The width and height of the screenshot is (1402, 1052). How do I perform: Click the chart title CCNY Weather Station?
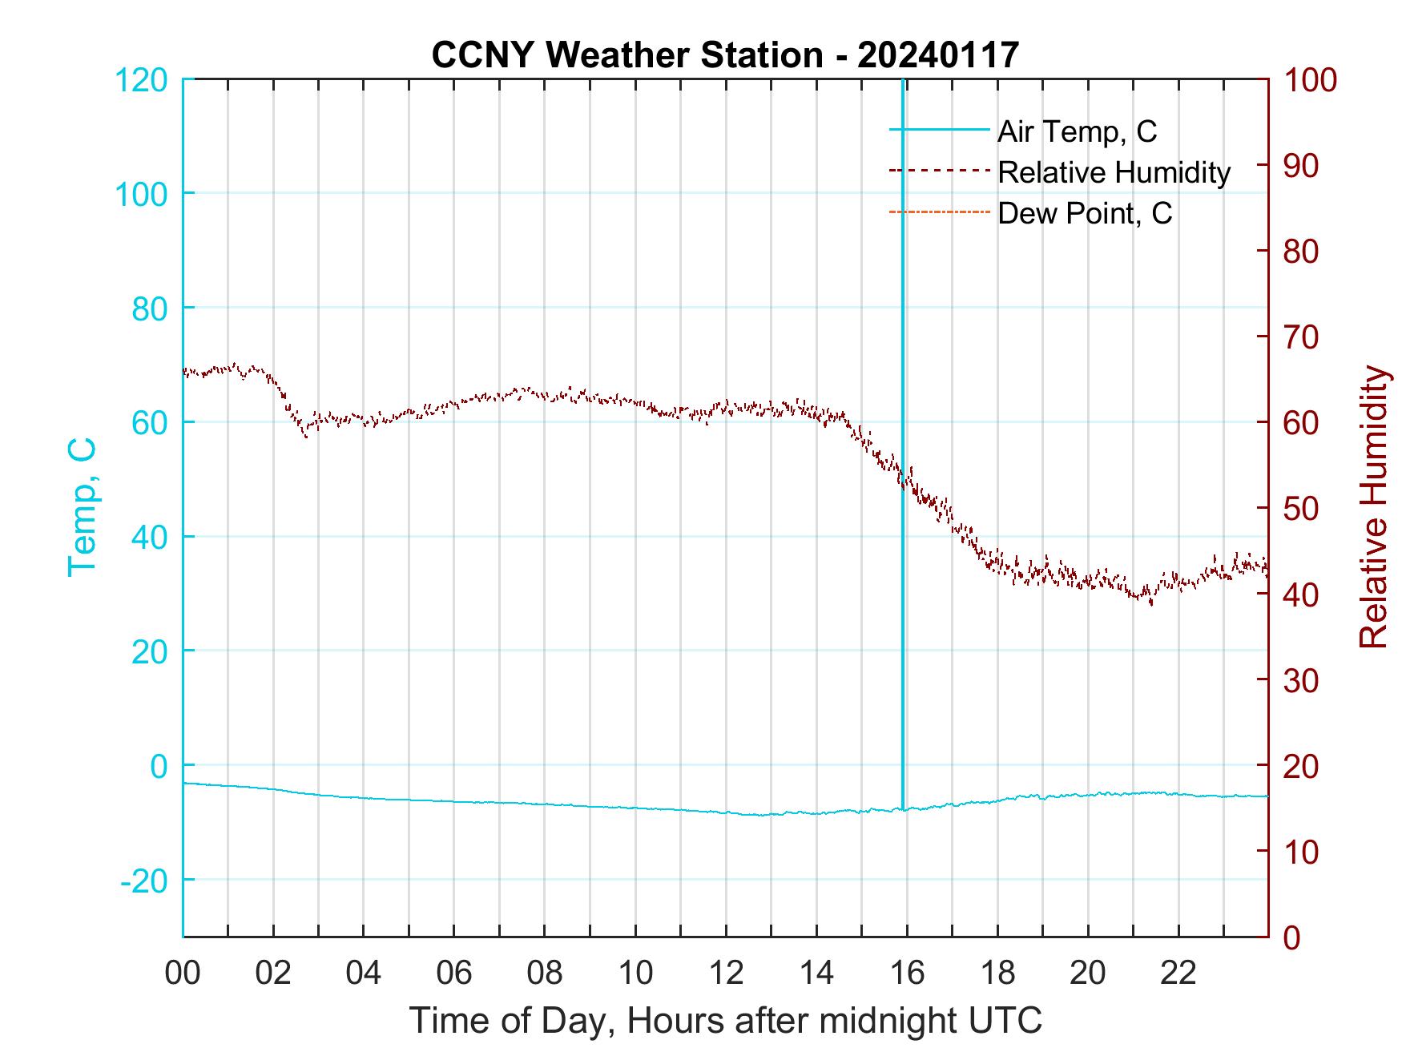(626, 55)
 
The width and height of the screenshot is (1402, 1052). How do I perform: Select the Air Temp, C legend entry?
(1076, 131)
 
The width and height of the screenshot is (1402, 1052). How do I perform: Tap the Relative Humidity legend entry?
(1114, 172)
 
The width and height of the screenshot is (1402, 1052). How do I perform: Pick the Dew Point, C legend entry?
(1084, 213)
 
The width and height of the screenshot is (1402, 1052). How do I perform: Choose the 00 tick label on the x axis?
(183, 973)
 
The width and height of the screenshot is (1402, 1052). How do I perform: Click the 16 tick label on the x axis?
(908, 973)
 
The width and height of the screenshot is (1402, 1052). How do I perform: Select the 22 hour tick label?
(1179, 973)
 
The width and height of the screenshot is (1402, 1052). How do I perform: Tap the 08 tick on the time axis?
(545, 973)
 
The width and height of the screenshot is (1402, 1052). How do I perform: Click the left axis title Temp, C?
(83, 506)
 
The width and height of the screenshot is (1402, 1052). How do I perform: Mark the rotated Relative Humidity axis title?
(1373, 506)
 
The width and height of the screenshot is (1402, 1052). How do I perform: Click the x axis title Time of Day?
(726, 1021)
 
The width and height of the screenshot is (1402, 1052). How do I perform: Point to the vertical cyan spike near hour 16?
(903, 401)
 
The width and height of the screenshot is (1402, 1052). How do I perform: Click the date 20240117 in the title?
(937, 55)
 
